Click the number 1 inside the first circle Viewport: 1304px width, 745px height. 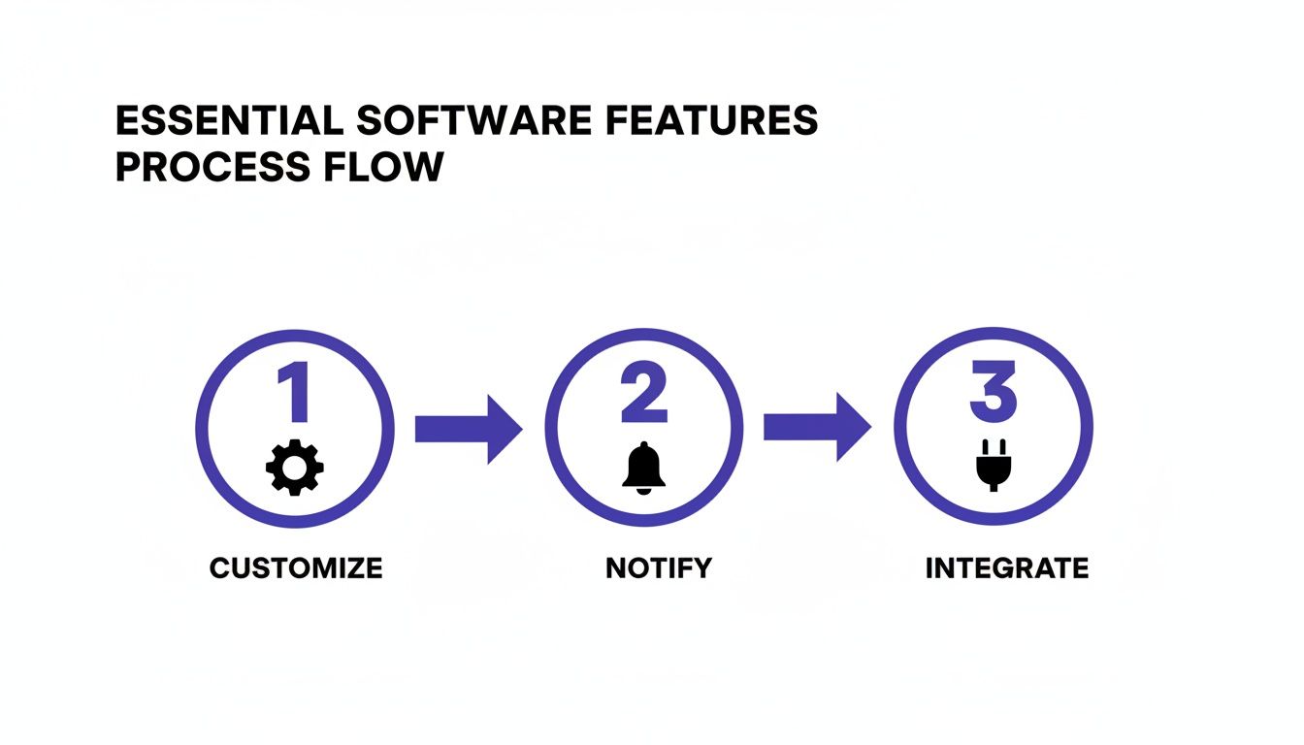click(295, 396)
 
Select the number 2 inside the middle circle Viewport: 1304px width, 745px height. click(643, 396)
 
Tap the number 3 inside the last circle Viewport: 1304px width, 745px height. click(993, 396)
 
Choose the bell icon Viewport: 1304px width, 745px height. click(644, 469)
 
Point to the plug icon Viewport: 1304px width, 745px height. click(993, 467)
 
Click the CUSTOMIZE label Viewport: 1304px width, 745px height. click(296, 567)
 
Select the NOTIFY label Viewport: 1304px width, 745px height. click(659, 567)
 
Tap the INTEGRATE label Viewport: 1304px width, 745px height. click(1007, 567)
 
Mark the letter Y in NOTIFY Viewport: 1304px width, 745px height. click(702, 567)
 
